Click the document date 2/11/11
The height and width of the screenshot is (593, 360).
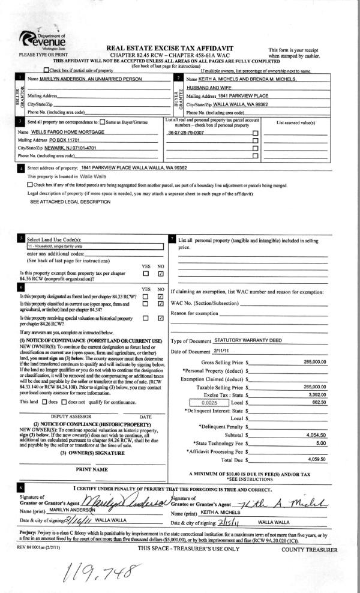click(x=222, y=351)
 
